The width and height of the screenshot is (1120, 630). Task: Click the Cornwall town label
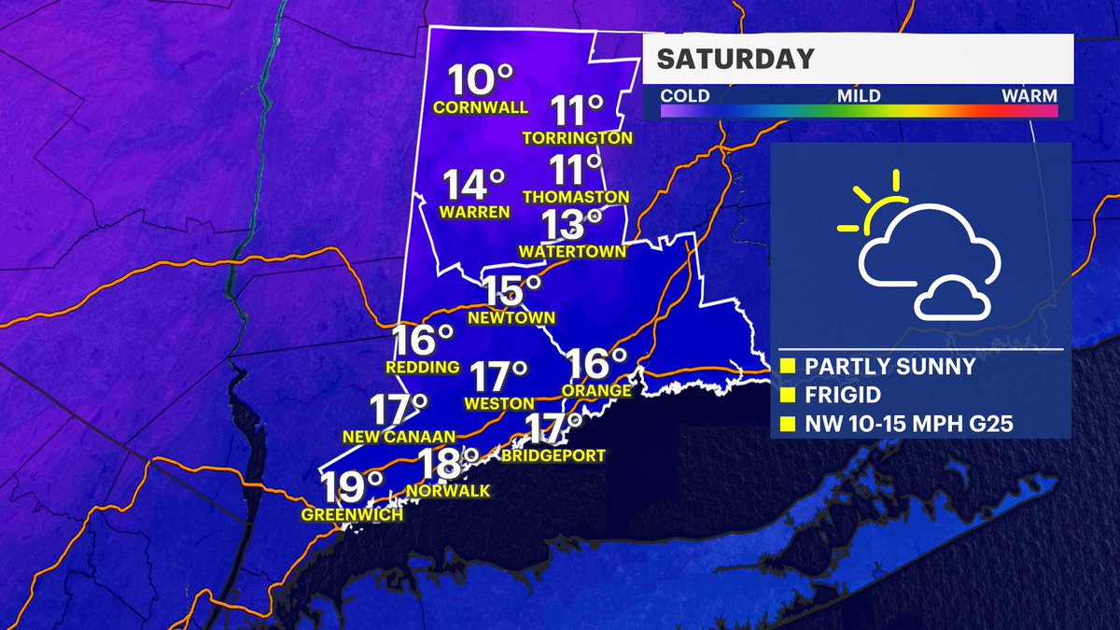480,107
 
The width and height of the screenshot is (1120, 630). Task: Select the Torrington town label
578,138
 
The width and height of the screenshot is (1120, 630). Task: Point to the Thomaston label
576,197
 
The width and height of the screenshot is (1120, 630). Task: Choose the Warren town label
476,212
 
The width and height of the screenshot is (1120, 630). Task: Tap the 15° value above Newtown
512,291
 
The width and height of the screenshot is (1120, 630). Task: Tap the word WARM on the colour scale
1029,95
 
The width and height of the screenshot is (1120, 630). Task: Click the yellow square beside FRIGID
788,396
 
